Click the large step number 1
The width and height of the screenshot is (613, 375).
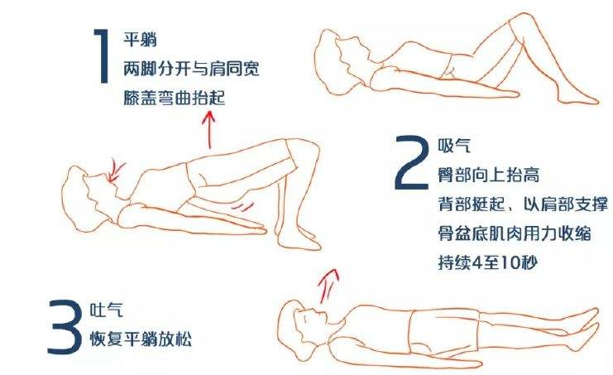coord(102,55)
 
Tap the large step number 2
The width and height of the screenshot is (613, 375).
coord(411,162)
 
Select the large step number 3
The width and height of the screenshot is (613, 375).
coord(65,326)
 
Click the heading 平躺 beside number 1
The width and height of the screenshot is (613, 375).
coord(140,40)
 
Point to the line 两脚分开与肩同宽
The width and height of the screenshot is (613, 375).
coord(191,69)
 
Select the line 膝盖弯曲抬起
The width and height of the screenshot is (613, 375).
coord(175,98)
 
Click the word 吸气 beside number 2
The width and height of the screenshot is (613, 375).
coord(454,146)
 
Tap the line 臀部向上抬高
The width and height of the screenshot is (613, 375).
coord(489,175)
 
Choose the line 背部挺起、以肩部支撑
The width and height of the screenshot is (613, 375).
coord(523,204)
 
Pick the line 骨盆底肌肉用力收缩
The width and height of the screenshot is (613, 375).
coord(514,233)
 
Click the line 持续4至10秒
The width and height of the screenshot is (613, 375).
coord(488,262)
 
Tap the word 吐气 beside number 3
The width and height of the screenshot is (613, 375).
coord(107,310)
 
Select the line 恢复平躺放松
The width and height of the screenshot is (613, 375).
coord(141,339)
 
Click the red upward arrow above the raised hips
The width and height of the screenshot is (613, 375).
coord(209,129)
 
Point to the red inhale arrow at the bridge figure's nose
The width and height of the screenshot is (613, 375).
coord(116,171)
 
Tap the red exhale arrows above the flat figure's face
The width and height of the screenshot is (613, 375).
coord(328,286)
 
